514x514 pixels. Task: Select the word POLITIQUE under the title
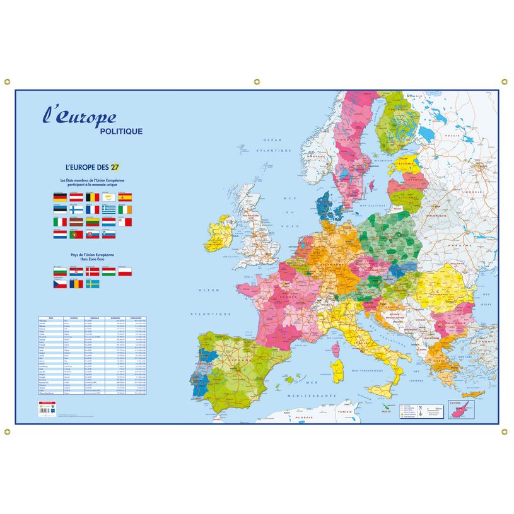(x=121, y=131)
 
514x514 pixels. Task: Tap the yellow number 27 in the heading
(x=115, y=167)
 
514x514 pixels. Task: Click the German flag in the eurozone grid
(x=60, y=197)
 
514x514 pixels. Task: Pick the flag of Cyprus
(x=109, y=197)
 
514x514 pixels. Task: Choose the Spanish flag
(x=126, y=197)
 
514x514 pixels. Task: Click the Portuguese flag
(x=76, y=234)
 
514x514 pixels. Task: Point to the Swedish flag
(x=93, y=284)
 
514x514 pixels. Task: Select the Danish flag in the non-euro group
(x=93, y=271)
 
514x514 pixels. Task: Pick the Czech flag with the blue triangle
(x=60, y=284)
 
